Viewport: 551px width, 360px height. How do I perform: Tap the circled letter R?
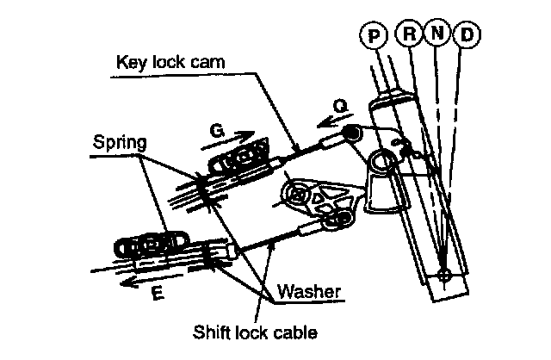(x=408, y=35)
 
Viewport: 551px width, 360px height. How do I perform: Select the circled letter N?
(x=437, y=35)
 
